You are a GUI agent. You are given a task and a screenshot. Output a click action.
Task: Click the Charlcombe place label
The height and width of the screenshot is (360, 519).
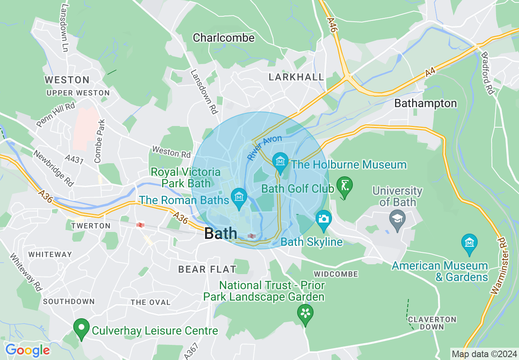point(223,38)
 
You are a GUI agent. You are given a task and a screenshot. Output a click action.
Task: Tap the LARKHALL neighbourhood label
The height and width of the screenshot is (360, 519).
point(296,77)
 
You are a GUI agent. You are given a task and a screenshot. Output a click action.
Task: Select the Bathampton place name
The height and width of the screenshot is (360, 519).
point(425,103)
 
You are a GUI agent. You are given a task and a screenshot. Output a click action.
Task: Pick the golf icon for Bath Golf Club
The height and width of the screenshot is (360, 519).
point(344,187)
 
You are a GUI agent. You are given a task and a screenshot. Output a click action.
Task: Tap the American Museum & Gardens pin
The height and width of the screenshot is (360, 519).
point(469,243)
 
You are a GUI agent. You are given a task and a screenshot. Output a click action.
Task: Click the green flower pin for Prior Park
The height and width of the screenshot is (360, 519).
point(305,314)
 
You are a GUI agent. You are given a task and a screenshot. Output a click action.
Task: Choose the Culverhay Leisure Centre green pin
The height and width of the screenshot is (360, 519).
point(81,328)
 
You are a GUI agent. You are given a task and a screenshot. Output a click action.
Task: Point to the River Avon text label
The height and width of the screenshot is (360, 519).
point(264,148)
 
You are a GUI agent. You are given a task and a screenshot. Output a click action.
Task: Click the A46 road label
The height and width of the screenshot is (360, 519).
point(332,25)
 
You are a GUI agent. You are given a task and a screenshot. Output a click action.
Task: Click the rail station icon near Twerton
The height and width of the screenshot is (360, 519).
point(140,225)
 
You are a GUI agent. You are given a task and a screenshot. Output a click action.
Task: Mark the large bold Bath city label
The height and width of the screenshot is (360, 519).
point(220,234)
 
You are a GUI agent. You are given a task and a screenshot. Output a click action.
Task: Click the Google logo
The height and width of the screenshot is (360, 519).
point(27,351)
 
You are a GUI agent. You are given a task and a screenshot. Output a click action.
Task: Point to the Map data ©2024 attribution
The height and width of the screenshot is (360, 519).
point(483,354)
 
